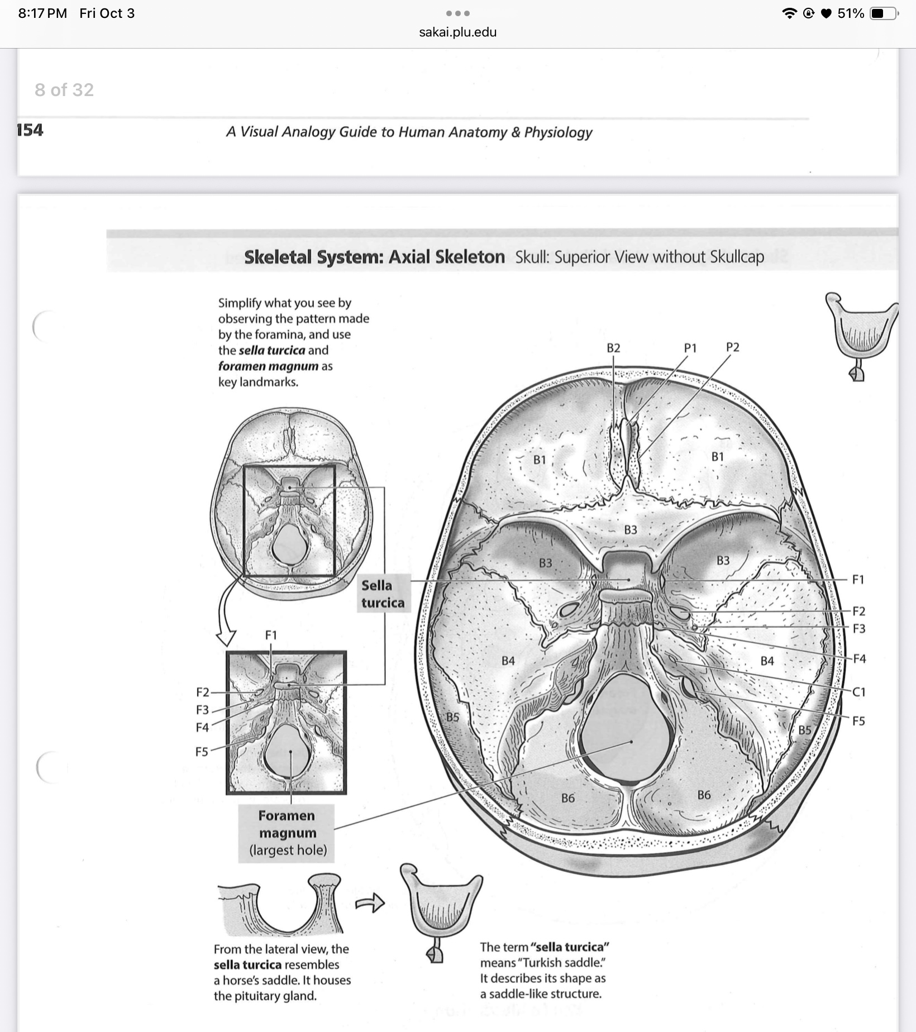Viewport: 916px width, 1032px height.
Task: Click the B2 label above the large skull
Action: pyautogui.click(x=613, y=348)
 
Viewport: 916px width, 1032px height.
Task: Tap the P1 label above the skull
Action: pyautogui.click(x=690, y=348)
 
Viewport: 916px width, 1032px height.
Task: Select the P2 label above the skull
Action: pyautogui.click(x=732, y=347)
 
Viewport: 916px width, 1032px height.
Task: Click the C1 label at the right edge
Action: pyautogui.click(x=859, y=692)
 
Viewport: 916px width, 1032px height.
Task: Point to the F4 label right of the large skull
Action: pyautogui.click(x=859, y=659)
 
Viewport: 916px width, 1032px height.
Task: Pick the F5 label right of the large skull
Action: pyautogui.click(x=858, y=721)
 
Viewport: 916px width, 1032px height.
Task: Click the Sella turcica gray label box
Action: pyautogui.click(x=383, y=594)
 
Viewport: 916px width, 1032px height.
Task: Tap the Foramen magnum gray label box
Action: pyautogui.click(x=287, y=833)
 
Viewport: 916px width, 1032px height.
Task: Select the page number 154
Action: pyautogui.click(x=30, y=130)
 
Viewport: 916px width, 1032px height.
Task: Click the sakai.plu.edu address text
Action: pyautogui.click(x=457, y=32)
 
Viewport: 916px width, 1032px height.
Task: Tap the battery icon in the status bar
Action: pyautogui.click(x=884, y=13)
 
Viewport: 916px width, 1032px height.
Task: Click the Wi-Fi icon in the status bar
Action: pyautogui.click(x=789, y=13)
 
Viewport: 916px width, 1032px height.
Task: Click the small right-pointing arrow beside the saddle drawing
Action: pyautogui.click(x=370, y=902)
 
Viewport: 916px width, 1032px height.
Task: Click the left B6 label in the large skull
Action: pyautogui.click(x=568, y=798)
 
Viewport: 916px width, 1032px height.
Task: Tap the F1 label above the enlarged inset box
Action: pyautogui.click(x=271, y=635)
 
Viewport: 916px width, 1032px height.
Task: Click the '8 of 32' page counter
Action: pyautogui.click(x=64, y=90)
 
